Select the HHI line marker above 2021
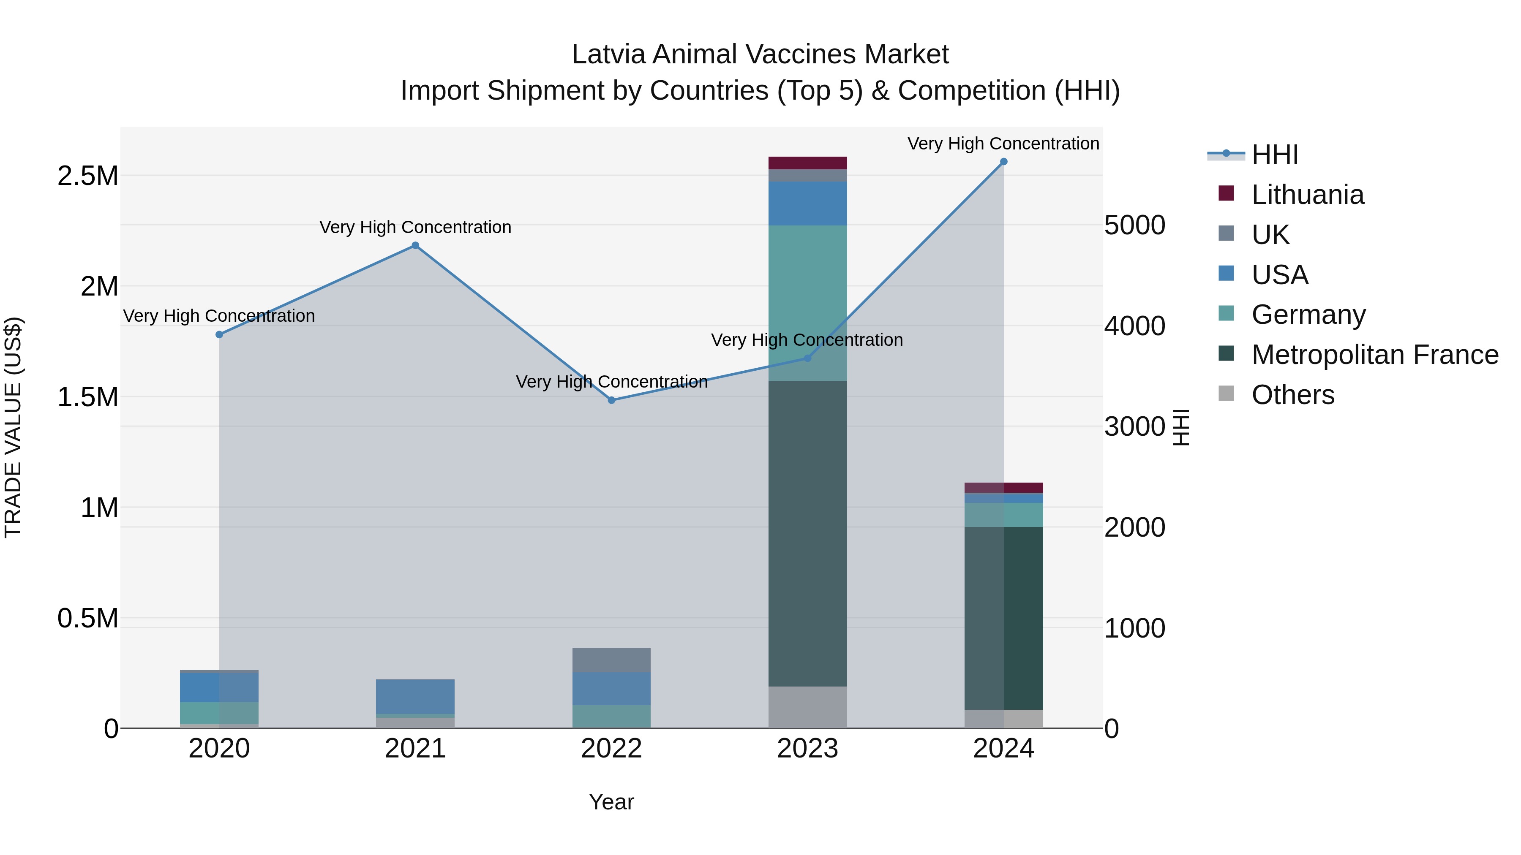[415, 245]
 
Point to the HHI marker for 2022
[612, 400]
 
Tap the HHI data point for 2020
[219, 334]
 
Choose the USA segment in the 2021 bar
[415, 696]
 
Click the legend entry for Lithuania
[1307, 195]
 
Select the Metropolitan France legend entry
[1374, 355]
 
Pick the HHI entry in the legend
[1274, 155]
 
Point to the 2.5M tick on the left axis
[87, 176]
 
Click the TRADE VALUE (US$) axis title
[13, 427]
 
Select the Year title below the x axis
[611, 802]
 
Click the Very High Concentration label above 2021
[415, 227]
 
